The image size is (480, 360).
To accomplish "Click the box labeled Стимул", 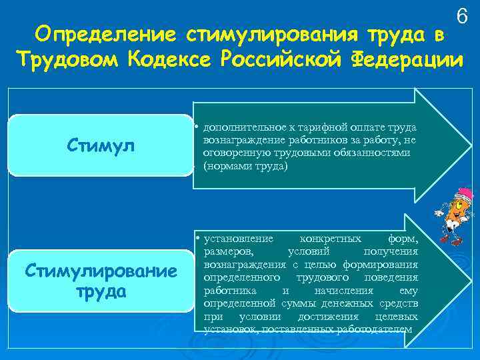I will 101,145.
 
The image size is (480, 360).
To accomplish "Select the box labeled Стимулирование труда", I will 101,281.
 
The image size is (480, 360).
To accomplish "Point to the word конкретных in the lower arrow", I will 331,239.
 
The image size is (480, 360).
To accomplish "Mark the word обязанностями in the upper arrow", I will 378,153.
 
